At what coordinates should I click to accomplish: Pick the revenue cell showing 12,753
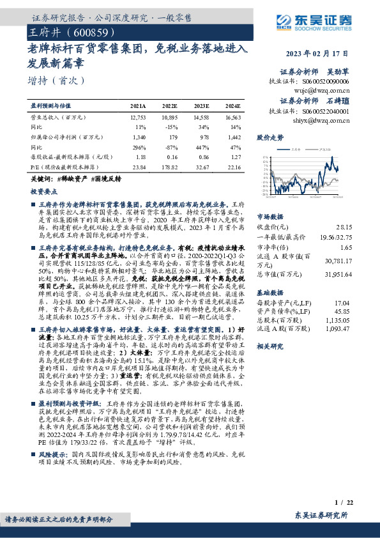(x=138, y=118)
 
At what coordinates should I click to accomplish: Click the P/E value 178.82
(x=170, y=166)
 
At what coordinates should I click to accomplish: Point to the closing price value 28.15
(x=344, y=226)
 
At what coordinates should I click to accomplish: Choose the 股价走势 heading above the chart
(x=269, y=137)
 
